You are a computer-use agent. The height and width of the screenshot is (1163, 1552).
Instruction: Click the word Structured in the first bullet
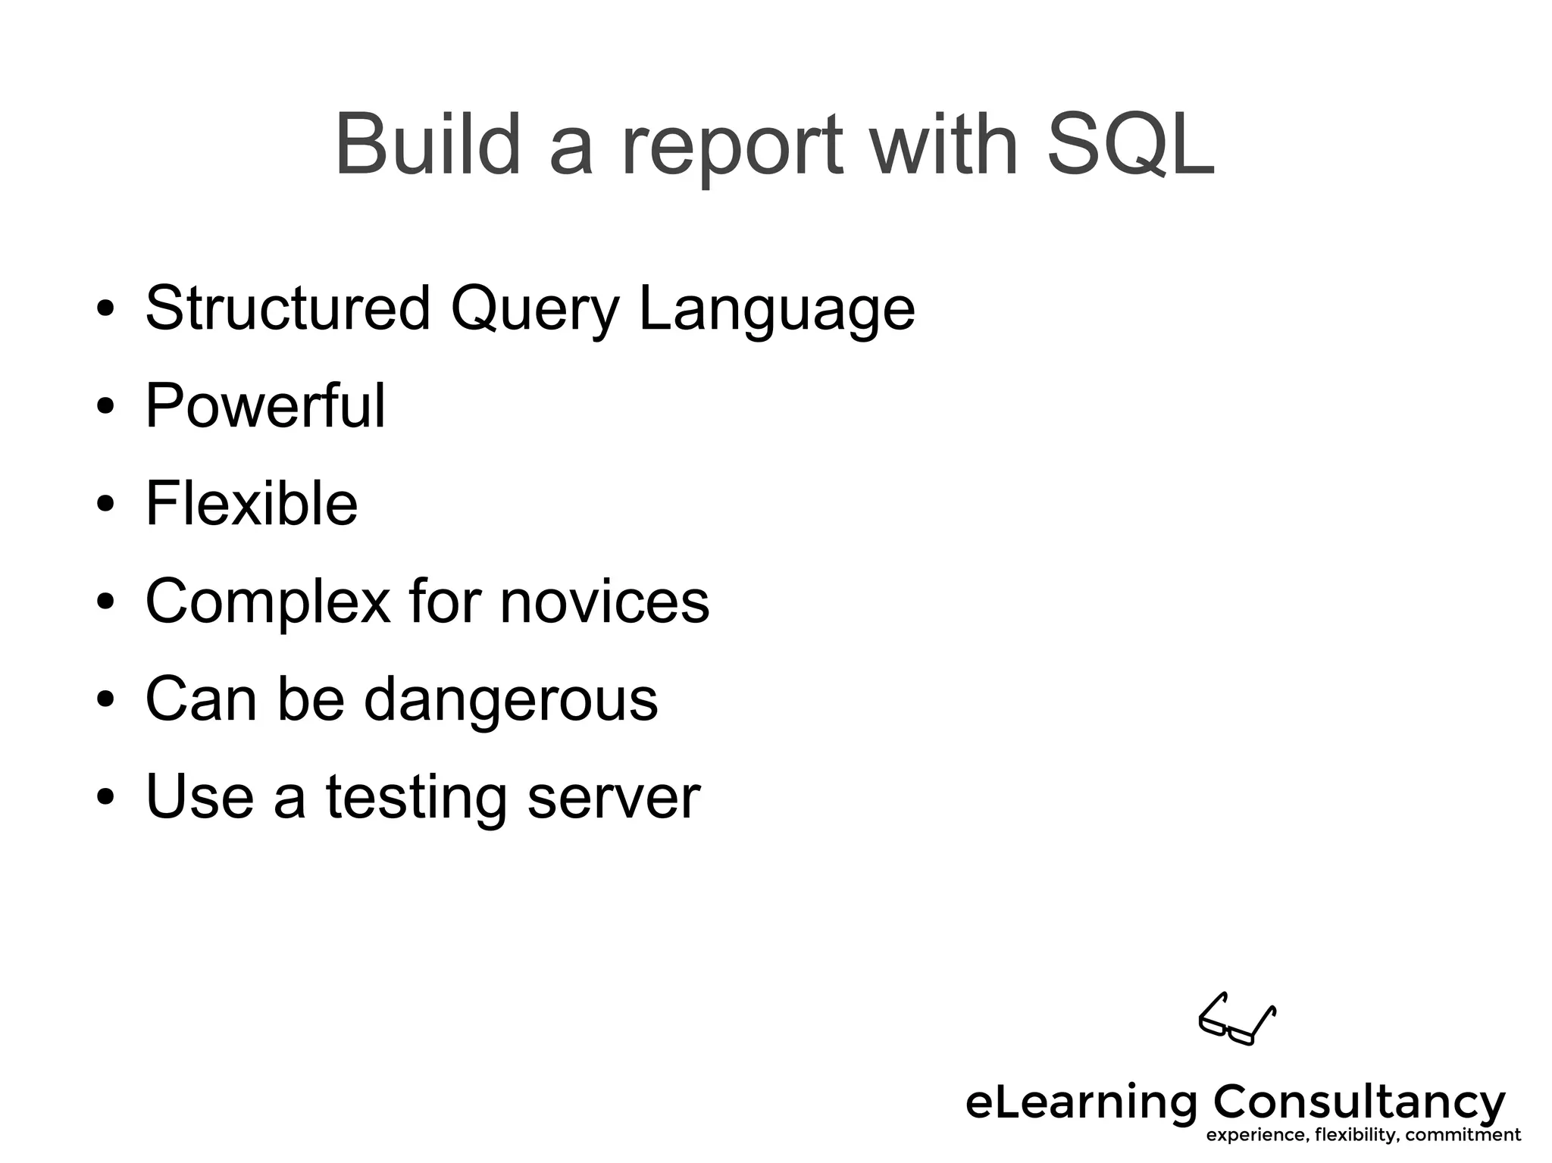[288, 308]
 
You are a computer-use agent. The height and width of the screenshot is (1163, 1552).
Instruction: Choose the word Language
[777, 311]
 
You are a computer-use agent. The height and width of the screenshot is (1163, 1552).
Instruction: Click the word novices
[605, 601]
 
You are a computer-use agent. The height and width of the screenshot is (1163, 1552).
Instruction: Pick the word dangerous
[511, 699]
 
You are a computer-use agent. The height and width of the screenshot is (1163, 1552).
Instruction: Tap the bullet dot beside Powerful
[105, 407]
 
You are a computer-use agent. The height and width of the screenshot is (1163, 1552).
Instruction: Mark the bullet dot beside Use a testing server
[105, 798]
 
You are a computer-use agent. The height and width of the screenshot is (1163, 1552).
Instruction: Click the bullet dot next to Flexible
[105, 505]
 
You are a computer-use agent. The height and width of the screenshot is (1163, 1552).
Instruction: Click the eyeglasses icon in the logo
[1237, 1019]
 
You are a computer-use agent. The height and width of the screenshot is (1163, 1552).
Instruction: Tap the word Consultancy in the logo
[1360, 1102]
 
